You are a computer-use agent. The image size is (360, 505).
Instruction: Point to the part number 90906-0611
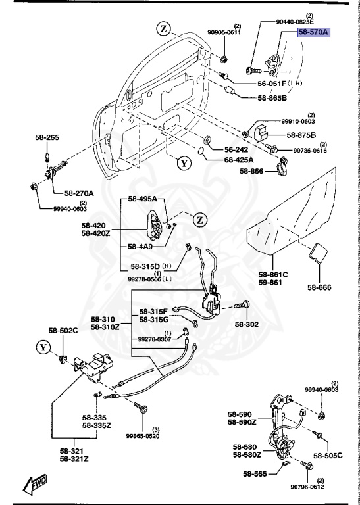click(x=224, y=32)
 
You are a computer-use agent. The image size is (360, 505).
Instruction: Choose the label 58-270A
click(x=79, y=193)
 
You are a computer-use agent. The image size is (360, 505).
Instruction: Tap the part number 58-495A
click(x=142, y=199)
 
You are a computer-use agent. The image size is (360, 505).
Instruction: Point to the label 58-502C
click(x=63, y=330)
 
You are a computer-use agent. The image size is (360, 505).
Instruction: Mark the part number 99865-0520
click(x=143, y=435)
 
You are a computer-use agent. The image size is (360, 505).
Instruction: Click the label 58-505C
click(x=328, y=455)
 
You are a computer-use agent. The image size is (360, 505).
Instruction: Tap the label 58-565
click(x=256, y=473)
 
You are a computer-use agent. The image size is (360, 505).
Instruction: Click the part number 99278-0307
click(x=155, y=339)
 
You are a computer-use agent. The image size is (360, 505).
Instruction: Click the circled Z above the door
click(x=163, y=28)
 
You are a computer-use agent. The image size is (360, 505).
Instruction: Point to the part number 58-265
click(x=47, y=137)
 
